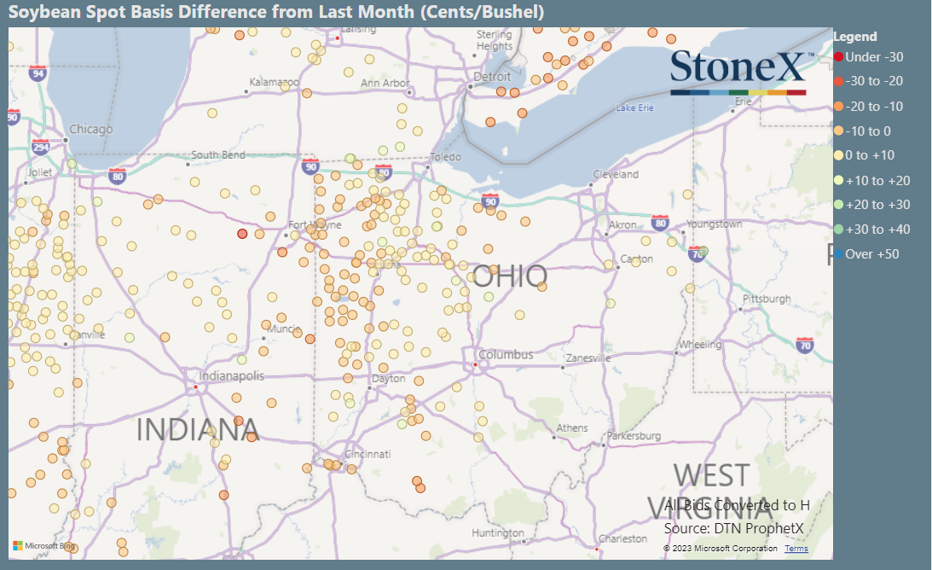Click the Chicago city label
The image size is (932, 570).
(90, 130)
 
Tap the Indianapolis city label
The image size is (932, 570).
(231, 376)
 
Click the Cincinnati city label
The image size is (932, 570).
(368, 454)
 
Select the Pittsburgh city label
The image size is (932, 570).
(767, 300)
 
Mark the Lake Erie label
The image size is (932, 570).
(634, 108)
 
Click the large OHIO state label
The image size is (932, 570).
(510, 276)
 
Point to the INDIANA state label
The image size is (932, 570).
(197, 430)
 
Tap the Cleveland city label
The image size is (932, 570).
(617, 175)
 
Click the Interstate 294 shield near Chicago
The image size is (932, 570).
(41, 147)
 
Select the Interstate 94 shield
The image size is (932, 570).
(38, 73)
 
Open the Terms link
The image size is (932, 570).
(796, 549)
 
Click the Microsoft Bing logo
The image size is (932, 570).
(43, 546)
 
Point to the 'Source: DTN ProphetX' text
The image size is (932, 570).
(734, 529)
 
